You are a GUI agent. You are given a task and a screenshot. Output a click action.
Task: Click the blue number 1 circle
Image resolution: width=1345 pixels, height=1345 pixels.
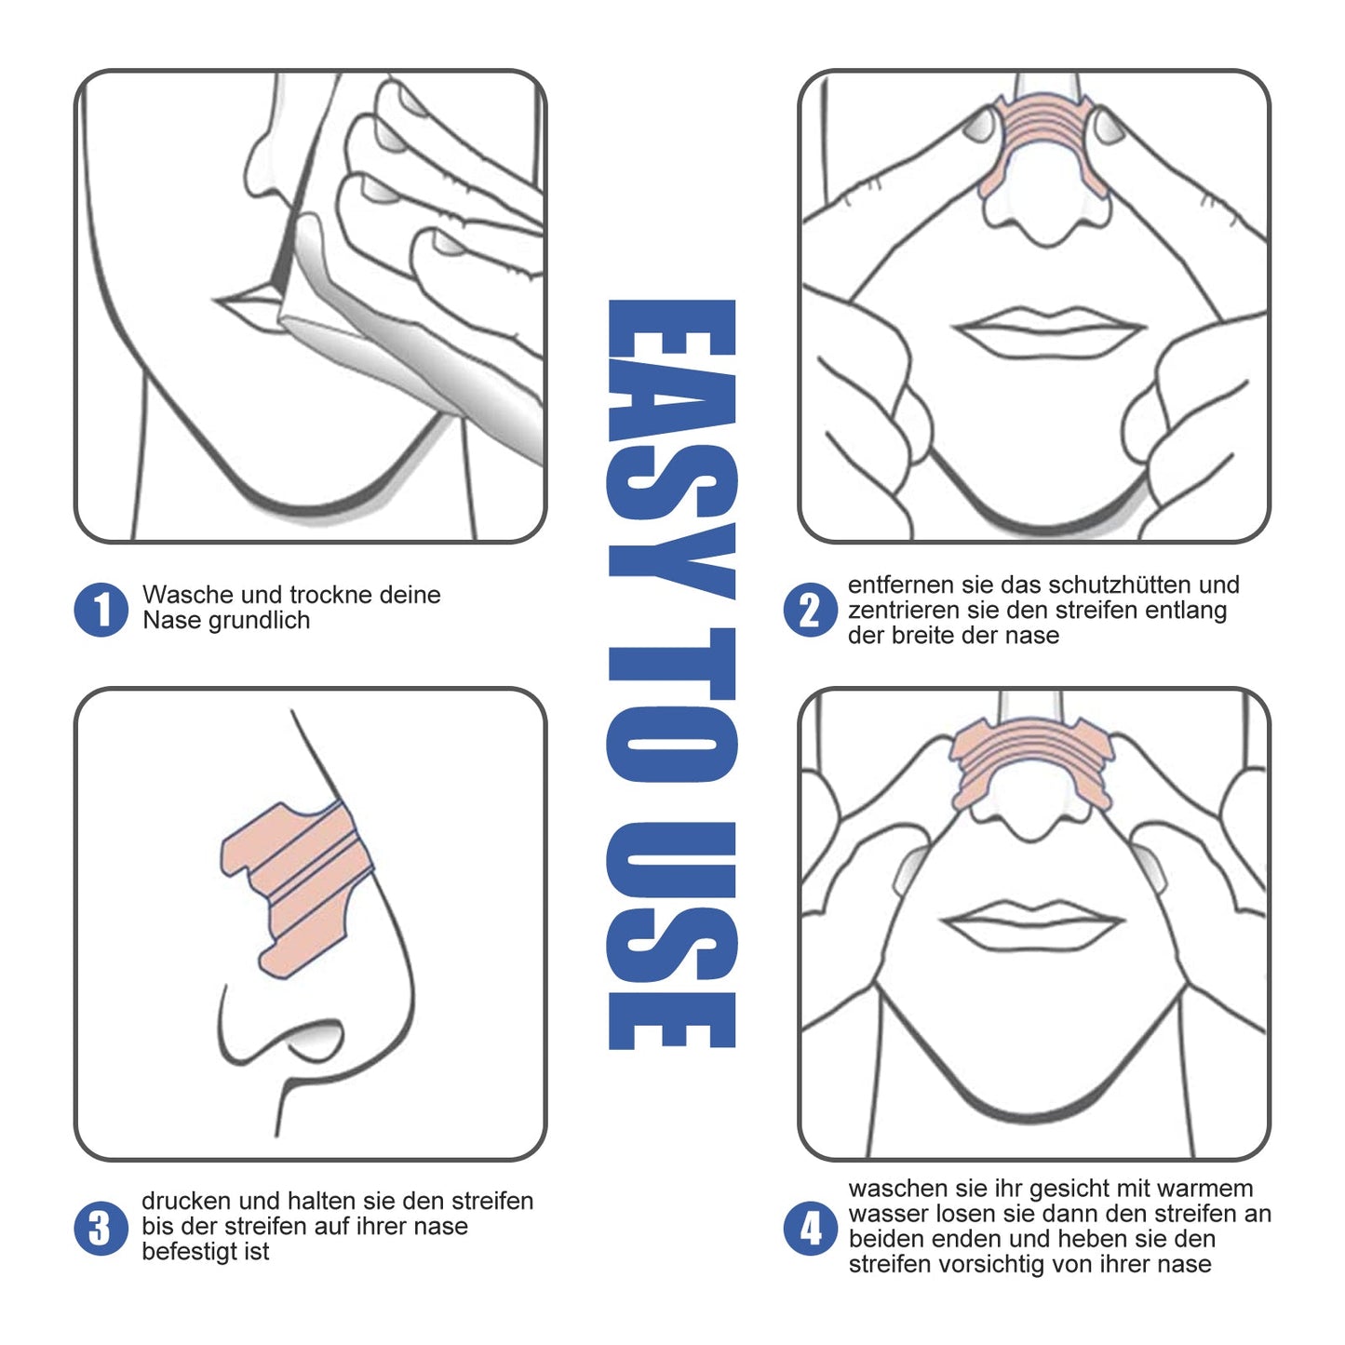[101, 610]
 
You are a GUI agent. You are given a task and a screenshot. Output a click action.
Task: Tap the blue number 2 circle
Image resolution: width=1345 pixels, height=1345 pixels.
[810, 610]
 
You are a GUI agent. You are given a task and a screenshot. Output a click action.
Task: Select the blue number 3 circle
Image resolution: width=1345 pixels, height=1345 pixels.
[101, 1228]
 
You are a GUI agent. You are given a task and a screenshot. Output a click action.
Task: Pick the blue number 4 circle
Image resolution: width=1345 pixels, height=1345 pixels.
[810, 1228]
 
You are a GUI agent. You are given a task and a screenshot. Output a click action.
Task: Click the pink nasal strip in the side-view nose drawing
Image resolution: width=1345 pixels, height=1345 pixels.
[298, 884]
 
